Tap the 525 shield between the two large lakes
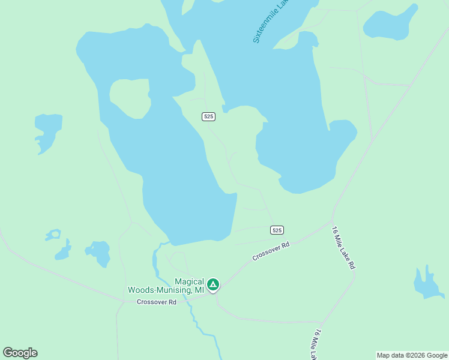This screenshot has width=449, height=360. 208,116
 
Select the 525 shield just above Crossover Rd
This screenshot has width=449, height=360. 276,230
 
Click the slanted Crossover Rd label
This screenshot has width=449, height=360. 271,251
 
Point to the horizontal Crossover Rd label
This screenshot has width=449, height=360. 156,302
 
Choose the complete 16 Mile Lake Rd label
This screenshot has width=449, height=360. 344,247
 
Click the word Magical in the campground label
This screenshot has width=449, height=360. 189,281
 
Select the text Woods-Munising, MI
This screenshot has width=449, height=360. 166,290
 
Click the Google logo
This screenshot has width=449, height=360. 20,353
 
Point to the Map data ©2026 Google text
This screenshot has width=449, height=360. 412,355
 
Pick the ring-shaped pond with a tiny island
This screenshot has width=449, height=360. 53,235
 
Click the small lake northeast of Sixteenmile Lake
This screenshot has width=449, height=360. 391,24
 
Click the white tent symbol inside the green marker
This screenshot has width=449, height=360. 213,284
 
